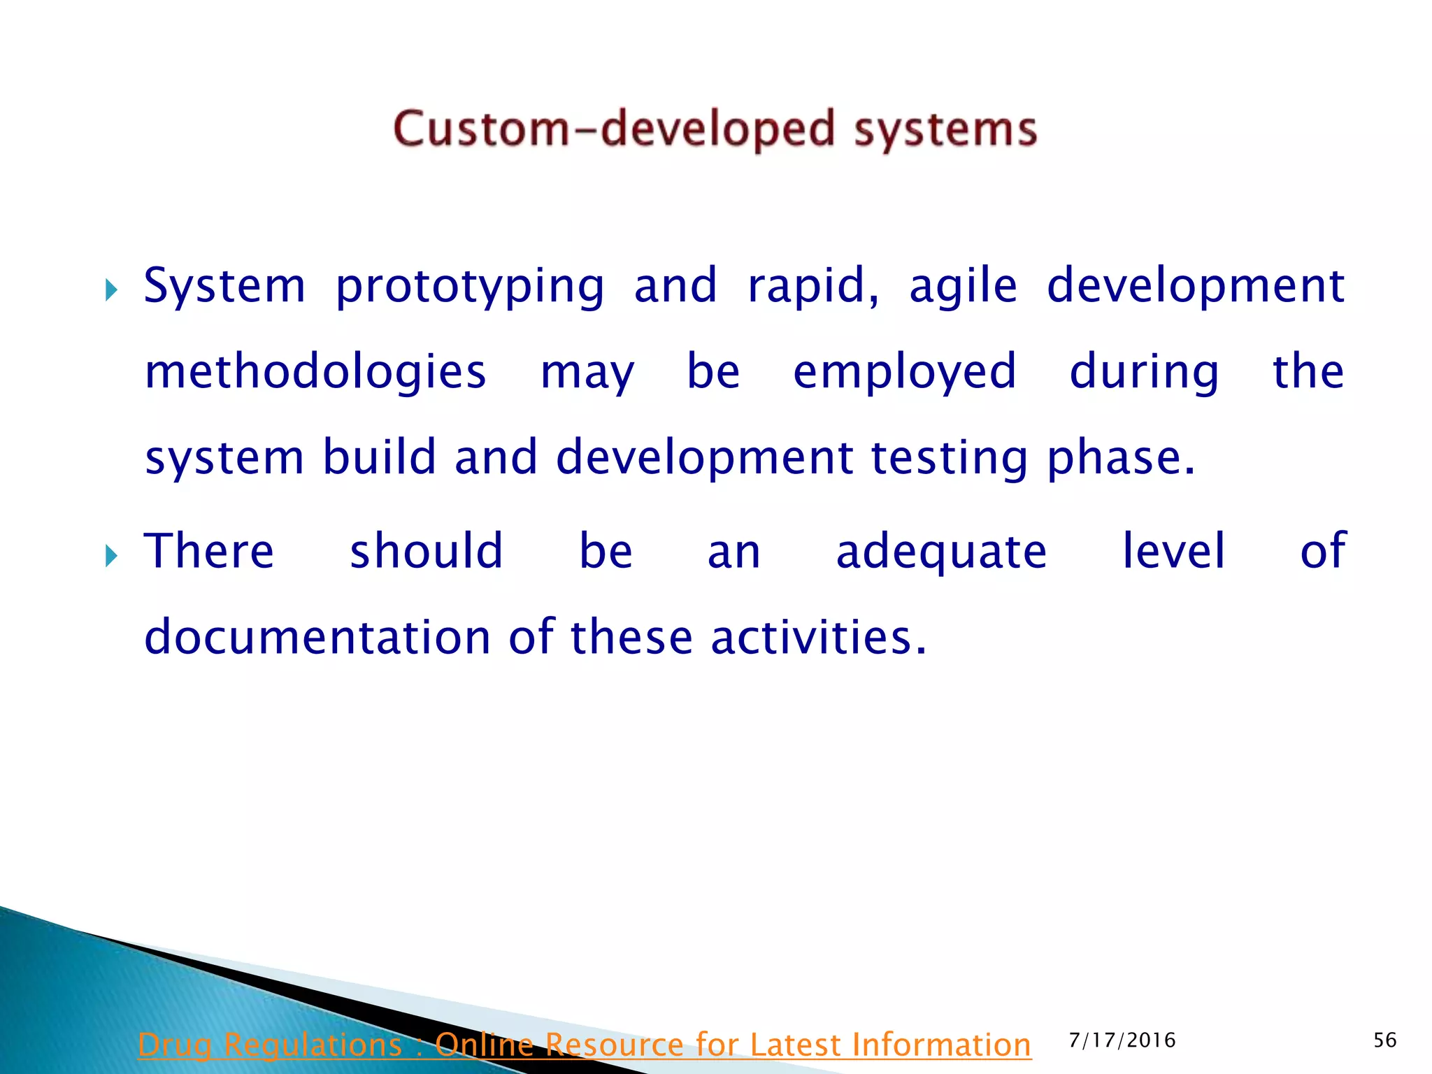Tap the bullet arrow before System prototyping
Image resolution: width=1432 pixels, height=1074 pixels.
[111, 289]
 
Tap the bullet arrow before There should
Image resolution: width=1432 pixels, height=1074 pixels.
[111, 557]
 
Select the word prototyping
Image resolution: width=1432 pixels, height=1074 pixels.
[469, 287]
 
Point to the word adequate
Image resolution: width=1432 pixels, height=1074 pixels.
[941, 552]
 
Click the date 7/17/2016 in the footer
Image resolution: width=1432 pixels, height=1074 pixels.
[1122, 1040]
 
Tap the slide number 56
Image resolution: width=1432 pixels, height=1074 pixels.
[1384, 1040]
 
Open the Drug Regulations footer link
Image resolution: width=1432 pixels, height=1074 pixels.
[584, 1045]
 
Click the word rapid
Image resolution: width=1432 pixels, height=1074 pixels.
[812, 287]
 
